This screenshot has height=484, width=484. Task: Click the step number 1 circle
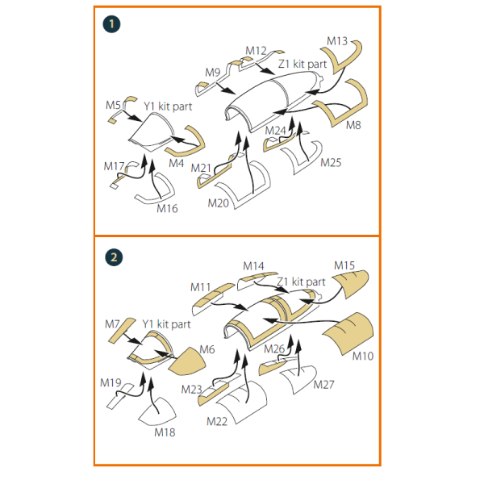click(x=111, y=24)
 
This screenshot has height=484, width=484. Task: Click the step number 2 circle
click(x=114, y=257)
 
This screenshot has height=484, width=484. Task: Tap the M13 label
click(x=337, y=41)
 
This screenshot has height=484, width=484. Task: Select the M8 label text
click(x=353, y=125)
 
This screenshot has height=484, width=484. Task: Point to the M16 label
click(x=167, y=209)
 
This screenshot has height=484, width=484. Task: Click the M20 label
click(x=219, y=203)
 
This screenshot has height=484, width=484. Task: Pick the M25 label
click(x=331, y=163)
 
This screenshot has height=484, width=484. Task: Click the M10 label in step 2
click(x=363, y=357)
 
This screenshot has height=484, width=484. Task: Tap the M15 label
click(x=344, y=265)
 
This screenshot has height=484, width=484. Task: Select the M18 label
click(x=165, y=432)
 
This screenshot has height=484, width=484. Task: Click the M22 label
click(x=217, y=422)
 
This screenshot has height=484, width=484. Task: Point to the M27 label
click(x=323, y=385)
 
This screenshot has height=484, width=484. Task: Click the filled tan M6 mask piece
click(x=187, y=361)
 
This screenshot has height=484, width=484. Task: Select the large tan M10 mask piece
click(x=348, y=333)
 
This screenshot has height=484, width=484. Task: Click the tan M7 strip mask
click(x=122, y=330)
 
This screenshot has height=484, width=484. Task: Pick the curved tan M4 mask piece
click(x=191, y=145)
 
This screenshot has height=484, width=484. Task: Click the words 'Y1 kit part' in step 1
click(x=168, y=106)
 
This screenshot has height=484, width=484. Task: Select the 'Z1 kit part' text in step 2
click(x=301, y=282)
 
